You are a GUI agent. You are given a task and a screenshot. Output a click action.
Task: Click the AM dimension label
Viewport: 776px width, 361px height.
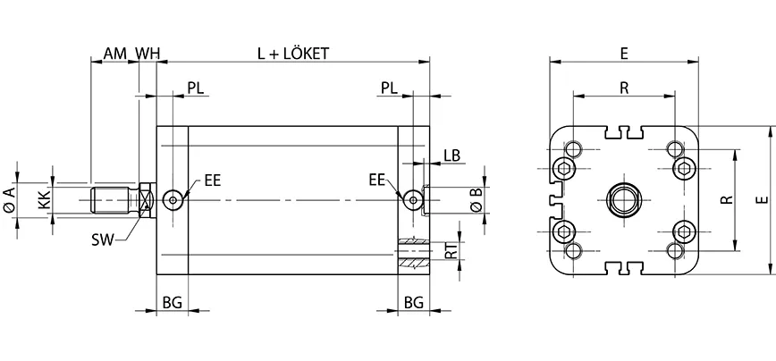tap(114, 54)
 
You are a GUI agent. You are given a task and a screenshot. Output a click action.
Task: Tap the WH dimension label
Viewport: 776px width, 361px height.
tap(148, 54)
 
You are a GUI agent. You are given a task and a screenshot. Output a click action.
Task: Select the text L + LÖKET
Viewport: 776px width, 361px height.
tap(293, 54)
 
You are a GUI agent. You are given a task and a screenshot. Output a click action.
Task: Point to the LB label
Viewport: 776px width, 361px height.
tap(451, 155)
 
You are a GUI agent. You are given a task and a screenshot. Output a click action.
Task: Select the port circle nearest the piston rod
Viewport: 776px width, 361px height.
tap(173, 199)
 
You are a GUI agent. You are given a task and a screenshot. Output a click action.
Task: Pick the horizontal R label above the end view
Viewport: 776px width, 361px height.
tap(624, 87)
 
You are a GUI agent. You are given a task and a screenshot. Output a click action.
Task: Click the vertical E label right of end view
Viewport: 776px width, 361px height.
tap(760, 200)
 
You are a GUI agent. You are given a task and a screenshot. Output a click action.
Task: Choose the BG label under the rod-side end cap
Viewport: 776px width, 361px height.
tap(173, 303)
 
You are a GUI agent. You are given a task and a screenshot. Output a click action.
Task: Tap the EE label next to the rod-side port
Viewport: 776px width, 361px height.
tap(212, 180)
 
